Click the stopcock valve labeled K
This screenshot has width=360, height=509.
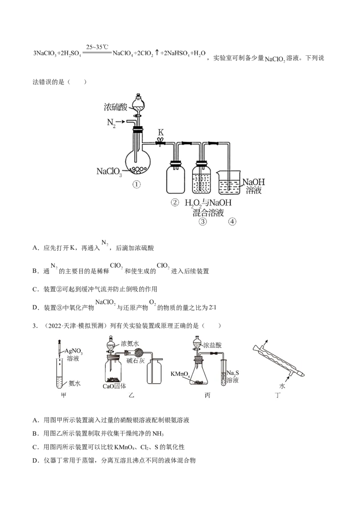tap(160, 142)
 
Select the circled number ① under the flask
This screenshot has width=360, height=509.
tap(136, 184)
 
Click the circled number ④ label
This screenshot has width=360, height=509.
tap(232, 222)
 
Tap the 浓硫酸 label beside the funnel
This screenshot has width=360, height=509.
tap(115, 107)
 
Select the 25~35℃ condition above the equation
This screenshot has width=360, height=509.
tap(97, 47)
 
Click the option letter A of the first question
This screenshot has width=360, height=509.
tap(36, 248)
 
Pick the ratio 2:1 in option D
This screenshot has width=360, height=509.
tap(212, 308)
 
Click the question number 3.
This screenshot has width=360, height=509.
tap(35, 326)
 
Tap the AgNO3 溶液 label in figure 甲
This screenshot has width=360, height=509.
tap(73, 354)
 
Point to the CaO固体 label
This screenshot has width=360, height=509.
tap(114, 386)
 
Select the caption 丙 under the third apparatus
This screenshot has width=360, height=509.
tap(207, 395)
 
